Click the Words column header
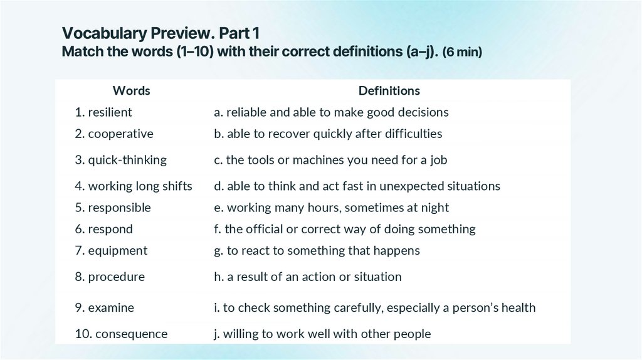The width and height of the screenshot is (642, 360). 131,91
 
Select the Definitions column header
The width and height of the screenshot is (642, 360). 389,91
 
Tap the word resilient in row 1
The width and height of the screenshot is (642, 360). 110,113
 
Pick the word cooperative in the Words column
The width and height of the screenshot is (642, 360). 120,134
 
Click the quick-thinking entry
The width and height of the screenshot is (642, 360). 127,160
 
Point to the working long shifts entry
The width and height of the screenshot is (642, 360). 140,186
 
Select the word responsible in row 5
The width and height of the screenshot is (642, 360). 119,208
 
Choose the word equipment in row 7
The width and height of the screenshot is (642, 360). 117,251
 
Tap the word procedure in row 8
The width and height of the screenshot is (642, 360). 116,277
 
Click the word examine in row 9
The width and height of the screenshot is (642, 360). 111,308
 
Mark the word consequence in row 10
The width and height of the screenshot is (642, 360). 131,334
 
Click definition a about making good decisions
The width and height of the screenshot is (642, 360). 331,113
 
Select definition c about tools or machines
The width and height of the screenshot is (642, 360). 330,160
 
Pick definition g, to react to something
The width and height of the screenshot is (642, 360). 317,251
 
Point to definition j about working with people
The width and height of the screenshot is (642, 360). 322,334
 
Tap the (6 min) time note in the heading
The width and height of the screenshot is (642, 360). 462,52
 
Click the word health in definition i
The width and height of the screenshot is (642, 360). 517,308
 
